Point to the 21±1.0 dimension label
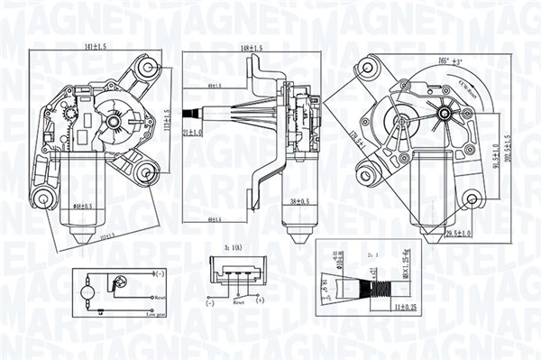tap(192, 132)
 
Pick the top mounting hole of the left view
tap(146, 67)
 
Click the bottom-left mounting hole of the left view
tap(41, 198)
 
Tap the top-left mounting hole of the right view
tap(367, 69)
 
